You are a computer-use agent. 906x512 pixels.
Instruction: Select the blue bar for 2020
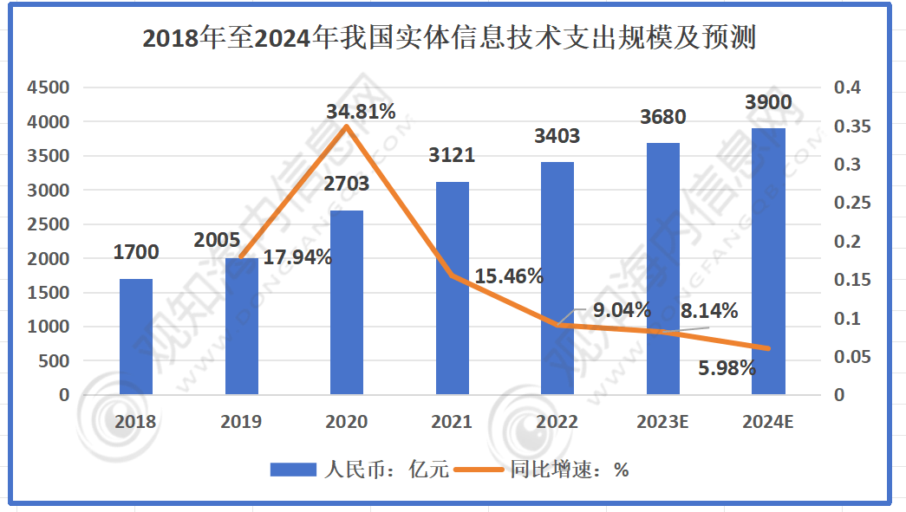point(347,302)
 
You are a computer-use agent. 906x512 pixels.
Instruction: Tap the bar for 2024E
point(768,261)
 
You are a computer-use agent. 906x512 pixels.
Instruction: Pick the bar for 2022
point(557,278)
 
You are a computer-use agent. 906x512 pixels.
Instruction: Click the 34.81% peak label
point(361,111)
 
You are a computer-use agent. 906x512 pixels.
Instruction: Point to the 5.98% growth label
point(727,368)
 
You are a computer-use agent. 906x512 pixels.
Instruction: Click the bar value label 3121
point(453,155)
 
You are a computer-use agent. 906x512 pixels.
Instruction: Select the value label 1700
point(136,252)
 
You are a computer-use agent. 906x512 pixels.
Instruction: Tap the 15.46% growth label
point(510,276)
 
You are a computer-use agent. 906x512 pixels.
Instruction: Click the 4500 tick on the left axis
point(48,87)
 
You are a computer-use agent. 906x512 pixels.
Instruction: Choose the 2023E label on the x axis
point(662,423)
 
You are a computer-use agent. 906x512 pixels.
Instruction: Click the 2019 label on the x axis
point(241,423)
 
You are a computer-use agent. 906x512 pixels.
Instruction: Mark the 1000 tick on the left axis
point(48,327)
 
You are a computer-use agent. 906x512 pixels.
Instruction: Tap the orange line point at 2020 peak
point(347,127)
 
